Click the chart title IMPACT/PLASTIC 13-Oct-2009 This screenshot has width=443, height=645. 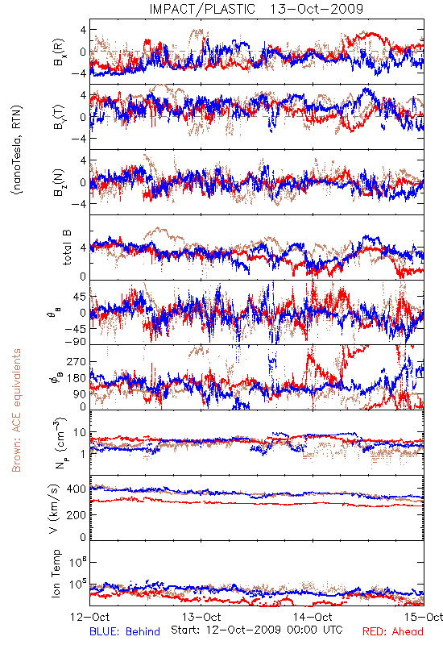(x=256, y=9)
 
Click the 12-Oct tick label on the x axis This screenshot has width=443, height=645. (x=90, y=617)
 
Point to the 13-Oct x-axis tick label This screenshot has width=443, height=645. (x=201, y=617)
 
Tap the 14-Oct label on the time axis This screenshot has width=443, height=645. (x=313, y=617)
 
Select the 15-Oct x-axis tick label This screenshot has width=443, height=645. (x=424, y=617)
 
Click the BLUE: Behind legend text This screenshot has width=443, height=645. (x=125, y=631)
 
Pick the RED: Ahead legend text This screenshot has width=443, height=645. (x=393, y=631)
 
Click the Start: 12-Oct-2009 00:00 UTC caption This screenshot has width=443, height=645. (x=257, y=630)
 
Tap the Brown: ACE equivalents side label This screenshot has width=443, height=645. (x=16, y=410)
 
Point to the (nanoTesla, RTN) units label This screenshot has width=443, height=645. (x=17, y=150)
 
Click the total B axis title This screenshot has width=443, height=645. (x=67, y=248)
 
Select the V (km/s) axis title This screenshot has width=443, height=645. (x=55, y=509)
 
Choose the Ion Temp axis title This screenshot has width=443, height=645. (x=56, y=573)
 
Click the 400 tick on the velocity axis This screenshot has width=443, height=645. (x=77, y=489)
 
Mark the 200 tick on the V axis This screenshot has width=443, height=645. (x=77, y=514)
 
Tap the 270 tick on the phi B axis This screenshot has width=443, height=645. (x=77, y=361)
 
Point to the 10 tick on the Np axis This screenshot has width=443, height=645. (x=80, y=433)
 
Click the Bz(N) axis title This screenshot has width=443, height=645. (x=59, y=182)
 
